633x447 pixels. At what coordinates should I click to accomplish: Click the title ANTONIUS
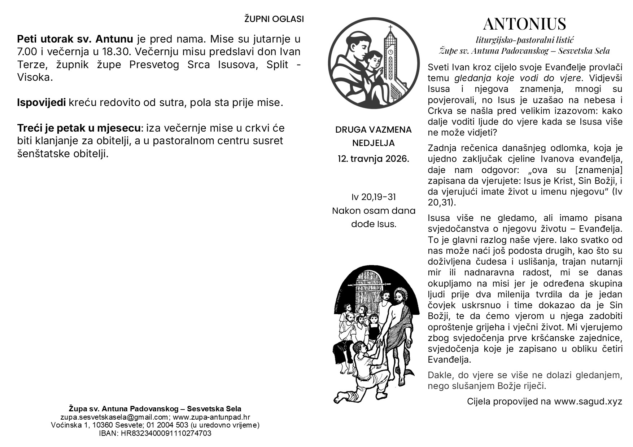click(x=524, y=24)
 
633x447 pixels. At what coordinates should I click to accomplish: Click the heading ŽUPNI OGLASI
click(x=274, y=19)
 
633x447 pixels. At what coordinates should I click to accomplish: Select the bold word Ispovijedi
click(x=42, y=103)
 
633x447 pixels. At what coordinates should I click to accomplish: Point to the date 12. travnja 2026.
click(x=373, y=159)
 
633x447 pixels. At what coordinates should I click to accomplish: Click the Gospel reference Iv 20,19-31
click(x=374, y=197)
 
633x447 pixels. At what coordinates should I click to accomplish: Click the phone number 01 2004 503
click(x=169, y=425)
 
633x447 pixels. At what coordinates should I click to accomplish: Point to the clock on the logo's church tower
click(x=390, y=52)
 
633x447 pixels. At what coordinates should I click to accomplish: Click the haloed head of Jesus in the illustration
click(x=400, y=297)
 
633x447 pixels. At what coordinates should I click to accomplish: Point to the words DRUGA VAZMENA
click(x=373, y=130)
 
